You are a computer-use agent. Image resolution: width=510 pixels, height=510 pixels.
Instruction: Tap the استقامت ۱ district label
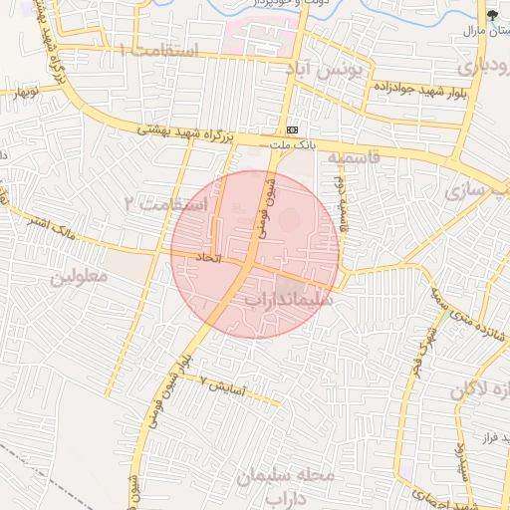pyautogui.click(x=159, y=50)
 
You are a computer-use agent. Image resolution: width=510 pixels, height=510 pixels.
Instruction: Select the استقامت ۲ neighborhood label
pyautogui.click(x=165, y=203)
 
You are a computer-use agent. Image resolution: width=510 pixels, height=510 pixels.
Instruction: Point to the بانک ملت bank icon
pyautogui.click(x=292, y=130)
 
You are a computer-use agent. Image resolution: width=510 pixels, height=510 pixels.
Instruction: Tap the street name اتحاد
pyautogui.click(x=206, y=257)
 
